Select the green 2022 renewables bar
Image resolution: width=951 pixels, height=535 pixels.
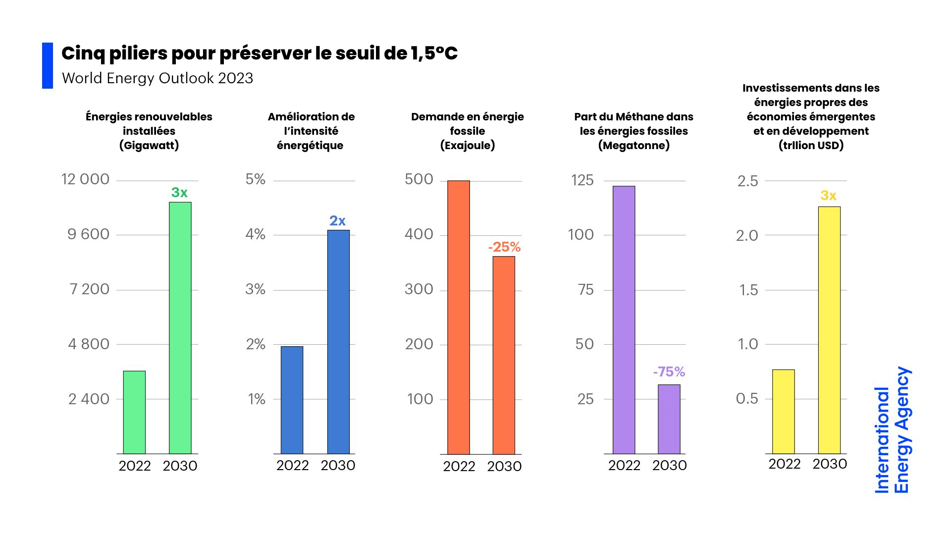click(134, 412)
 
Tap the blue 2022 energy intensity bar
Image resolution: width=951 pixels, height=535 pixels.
click(292, 400)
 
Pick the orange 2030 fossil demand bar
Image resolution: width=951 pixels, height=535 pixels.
click(504, 355)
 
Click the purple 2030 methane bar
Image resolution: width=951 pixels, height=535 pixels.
click(669, 419)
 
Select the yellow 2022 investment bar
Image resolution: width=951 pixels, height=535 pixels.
click(784, 411)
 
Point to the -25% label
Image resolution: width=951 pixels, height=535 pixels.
click(504, 247)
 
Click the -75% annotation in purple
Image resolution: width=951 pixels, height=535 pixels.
click(669, 372)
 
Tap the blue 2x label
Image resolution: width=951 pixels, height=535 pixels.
click(337, 220)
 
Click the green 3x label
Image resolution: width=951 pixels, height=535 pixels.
click(179, 192)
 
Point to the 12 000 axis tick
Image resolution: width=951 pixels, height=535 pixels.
click(85, 179)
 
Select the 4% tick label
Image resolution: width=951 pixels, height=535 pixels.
click(255, 234)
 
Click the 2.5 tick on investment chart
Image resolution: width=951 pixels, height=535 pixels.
click(747, 181)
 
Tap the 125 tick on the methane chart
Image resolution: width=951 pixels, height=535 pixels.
click(582, 180)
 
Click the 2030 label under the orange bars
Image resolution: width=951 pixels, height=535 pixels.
click(504, 466)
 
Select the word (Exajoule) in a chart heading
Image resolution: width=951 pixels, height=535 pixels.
click(468, 145)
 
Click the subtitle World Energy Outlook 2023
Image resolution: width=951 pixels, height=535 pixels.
click(158, 78)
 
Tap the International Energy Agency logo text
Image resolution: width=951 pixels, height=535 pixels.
click(892, 430)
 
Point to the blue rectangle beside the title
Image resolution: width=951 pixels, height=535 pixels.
click(48, 65)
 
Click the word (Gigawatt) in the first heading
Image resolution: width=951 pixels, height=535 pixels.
click(149, 145)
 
